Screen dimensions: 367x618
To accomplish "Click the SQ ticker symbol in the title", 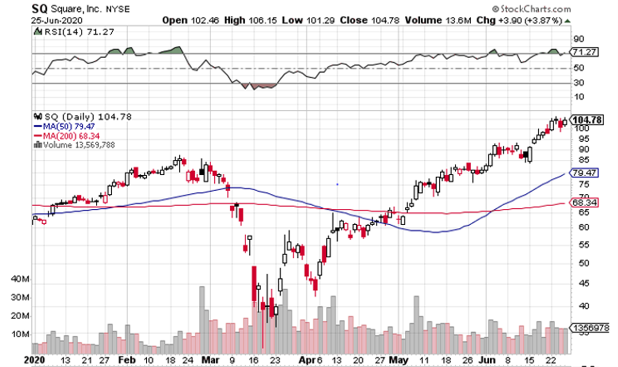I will (x=41, y=9).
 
